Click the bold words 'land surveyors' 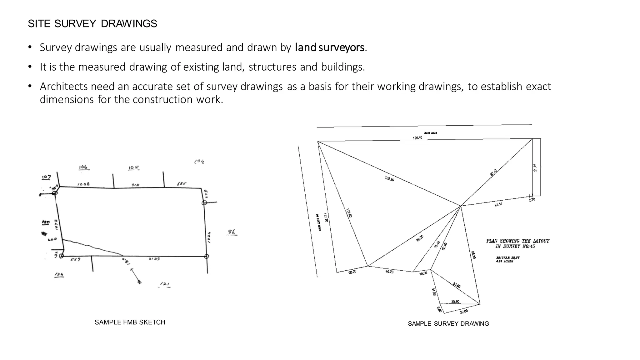[x=330, y=47]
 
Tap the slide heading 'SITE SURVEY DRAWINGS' [x=92, y=24]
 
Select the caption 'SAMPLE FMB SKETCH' [x=130, y=322]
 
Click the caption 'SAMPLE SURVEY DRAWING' [x=448, y=324]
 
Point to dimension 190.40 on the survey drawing [x=417, y=138]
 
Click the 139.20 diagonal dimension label [x=389, y=179]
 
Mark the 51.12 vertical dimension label [x=535, y=167]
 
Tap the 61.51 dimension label [x=498, y=204]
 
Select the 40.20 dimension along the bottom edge [x=389, y=272]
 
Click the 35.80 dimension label [x=455, y=302]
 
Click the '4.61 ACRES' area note [x=504, y=261]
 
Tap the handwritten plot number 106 [x=83, y=167]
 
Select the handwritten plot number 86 [x=232, y=232]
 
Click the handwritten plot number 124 [x=59, y=274]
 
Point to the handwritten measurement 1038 [x=83, y=184]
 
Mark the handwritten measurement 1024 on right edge [x=209, y=237]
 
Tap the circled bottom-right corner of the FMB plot [x=206, y=256]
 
